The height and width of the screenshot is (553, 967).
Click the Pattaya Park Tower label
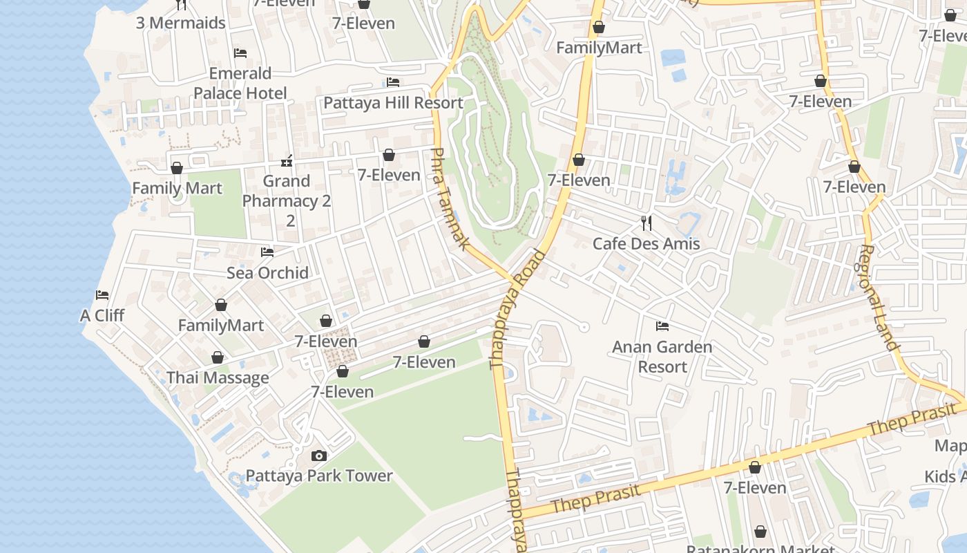[x=319, y=476]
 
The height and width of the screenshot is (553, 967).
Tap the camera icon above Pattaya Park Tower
[x=318, y=456]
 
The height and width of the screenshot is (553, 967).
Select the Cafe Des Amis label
[x=646, y=243]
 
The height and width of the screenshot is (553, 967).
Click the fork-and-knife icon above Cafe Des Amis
[x=647, y=223]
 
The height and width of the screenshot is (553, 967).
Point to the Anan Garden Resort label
[x=662, y=356]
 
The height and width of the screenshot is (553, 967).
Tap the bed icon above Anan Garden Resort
[x=662, y=326]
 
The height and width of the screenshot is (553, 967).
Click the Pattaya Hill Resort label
[x=393, y=103]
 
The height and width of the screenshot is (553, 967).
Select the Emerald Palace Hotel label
[x=240, y=83]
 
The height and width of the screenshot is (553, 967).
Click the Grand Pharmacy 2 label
[x=287, y=200]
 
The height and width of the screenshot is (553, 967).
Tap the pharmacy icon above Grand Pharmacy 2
[x=287, y=161]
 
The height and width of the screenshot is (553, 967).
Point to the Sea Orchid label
[x=267, y=272]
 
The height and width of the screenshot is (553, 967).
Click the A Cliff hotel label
[x=102, y=315]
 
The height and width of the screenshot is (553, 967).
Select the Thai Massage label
[x=218, y=377]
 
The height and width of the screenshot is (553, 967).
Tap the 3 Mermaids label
[x=180, y=23]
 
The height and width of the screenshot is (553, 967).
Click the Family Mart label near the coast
[x=177, y=188]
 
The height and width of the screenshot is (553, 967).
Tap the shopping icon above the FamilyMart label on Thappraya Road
[x=599, y=28]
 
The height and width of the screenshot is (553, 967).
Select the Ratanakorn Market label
[x=760, y=549]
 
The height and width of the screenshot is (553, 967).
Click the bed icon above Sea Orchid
[x=267, y=252]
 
